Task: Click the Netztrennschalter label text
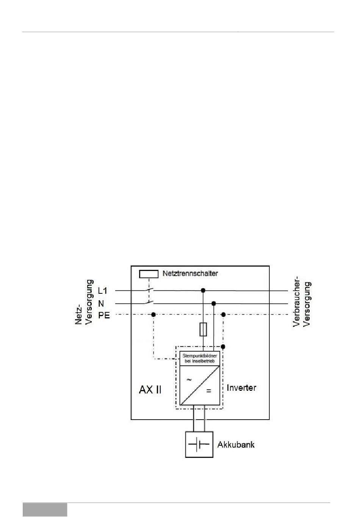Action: tap(190, 273)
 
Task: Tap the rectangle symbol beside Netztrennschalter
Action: tap(149, 274)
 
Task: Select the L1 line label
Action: tap(103, 291)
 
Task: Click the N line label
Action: tap(101, 304)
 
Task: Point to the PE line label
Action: tap(104, 315)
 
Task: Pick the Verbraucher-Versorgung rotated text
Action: tap(302, 304)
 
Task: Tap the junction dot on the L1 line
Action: tap(203, 290)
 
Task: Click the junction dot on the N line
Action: tap(214, 304)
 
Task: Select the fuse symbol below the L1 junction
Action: tap(203, 329)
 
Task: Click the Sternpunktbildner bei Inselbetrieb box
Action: tap(200, 358)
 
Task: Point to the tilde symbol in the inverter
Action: tap(189, 379)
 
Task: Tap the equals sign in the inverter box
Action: tap(209, 391)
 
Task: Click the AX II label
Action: tap(150, 390)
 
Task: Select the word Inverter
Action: tap(241, 388)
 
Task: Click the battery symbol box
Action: tap(199, 444)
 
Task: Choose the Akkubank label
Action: tap(236, 445)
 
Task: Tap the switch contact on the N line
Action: tap(149, 303)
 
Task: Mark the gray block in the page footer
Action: tap(45, 510)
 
